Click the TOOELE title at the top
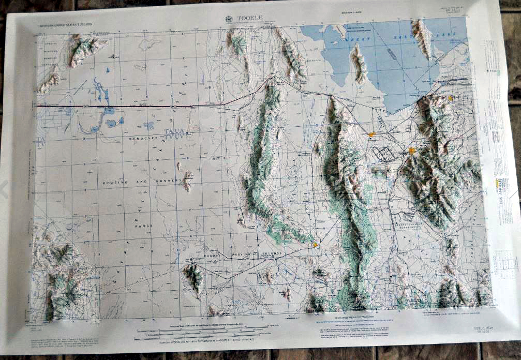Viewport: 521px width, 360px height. click(x=250, y=18)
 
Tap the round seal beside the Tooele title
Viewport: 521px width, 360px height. click(x=229, y=19)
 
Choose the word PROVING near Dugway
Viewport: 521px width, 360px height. click(x=246, y=253)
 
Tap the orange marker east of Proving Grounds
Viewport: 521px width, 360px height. click(x=315, y=244)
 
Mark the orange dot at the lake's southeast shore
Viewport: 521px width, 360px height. click(x=450, y=98)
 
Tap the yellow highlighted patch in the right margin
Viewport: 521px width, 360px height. click(x=497, y=183)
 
